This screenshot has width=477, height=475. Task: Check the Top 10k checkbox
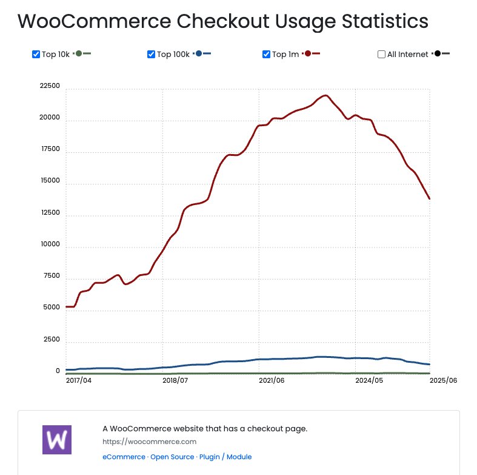pos(36,55)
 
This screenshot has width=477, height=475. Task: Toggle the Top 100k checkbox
pos(151,55)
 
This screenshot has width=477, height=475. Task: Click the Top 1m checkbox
pos(266,55)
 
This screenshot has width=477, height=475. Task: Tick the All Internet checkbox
pos(381,55)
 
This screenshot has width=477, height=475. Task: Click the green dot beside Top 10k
pos(78,54)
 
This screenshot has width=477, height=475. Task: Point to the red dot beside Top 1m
pos(308,54)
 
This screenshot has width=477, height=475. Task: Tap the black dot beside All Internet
pos(438,54)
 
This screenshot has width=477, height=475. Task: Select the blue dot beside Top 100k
pos(198,54)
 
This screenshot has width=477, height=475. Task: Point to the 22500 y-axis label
pos(49,86)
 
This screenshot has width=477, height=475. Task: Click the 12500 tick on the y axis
pos(49,213)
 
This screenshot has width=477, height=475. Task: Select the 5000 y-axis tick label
pos(51,308)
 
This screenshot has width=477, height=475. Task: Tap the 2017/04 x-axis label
pos(78,380)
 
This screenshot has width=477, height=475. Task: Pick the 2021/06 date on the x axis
pos(272,380)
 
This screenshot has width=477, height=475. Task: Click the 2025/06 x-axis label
pos(443,380)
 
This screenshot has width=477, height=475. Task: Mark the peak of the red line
pos(326,95)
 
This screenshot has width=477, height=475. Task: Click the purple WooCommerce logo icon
pos(57,439)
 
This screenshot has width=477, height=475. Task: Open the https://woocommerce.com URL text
pos(149,442)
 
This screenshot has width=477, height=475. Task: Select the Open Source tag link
pos(172,457)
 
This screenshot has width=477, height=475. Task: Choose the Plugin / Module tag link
pos(225,457)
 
